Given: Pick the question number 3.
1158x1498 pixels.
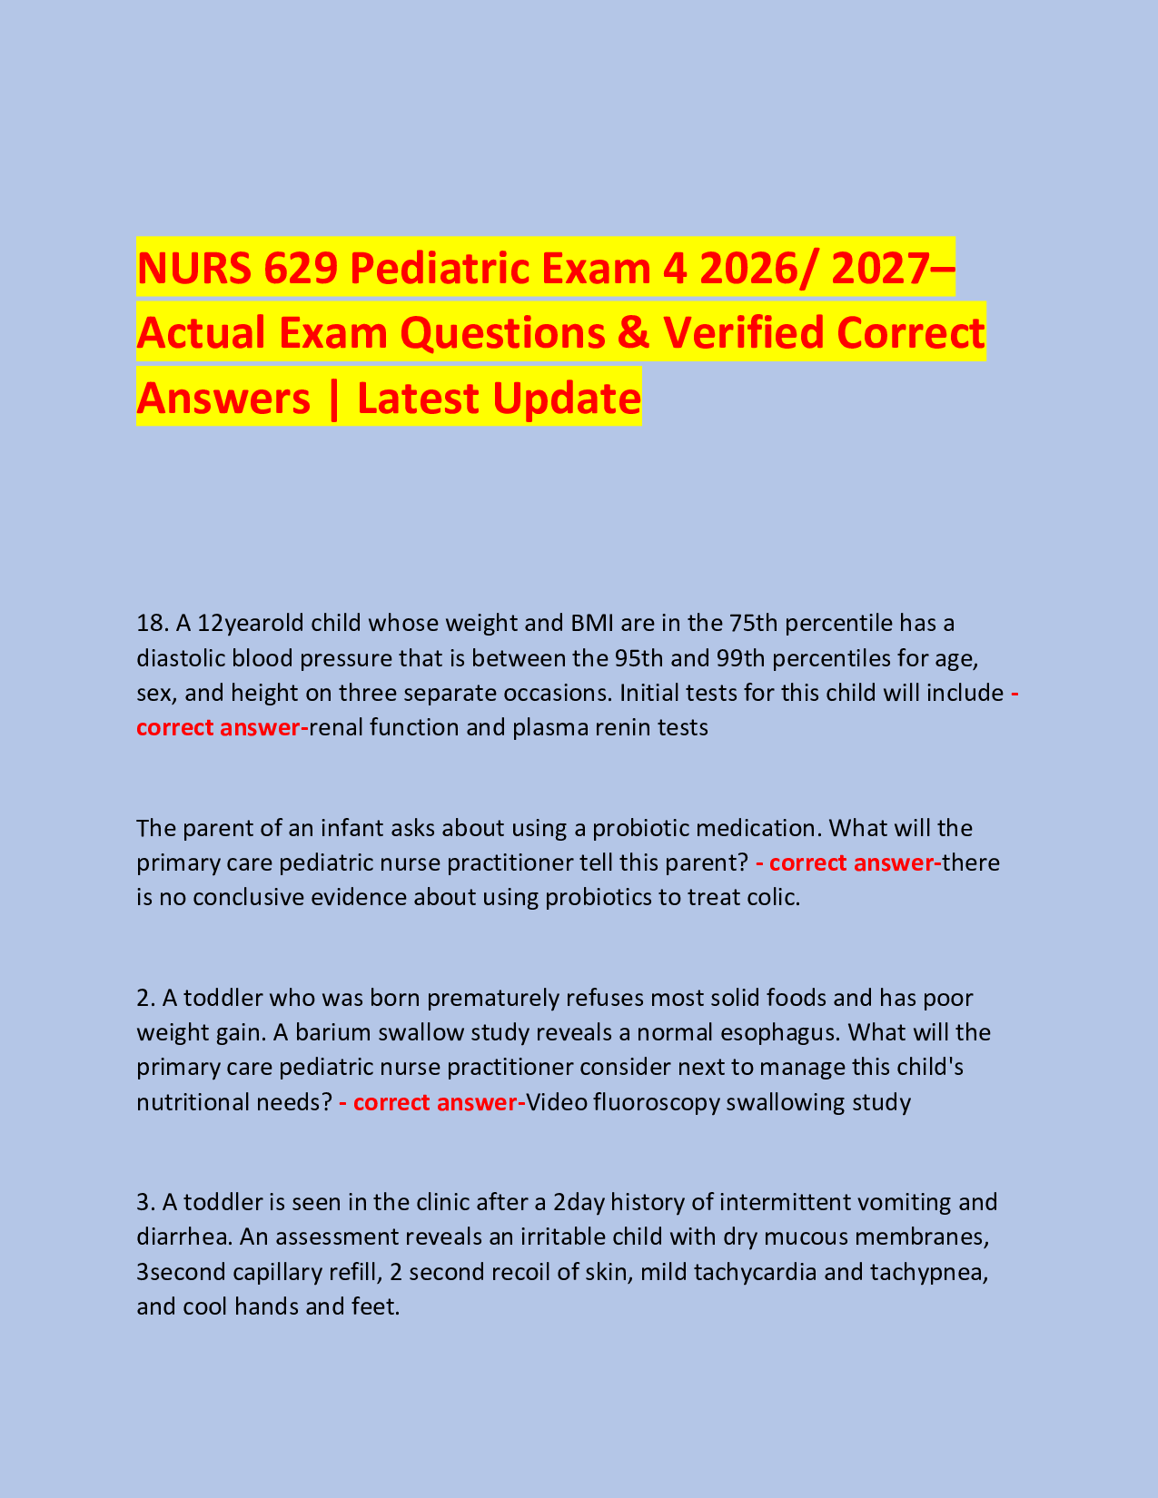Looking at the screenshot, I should coord(145,1202).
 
